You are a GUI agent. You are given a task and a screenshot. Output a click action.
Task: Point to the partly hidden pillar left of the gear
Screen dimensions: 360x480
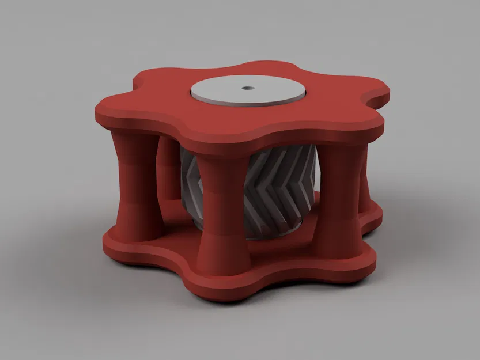click(x=169, y=173)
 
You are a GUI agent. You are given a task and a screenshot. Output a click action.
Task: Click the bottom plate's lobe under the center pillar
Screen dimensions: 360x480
click(x=222, y=282)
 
